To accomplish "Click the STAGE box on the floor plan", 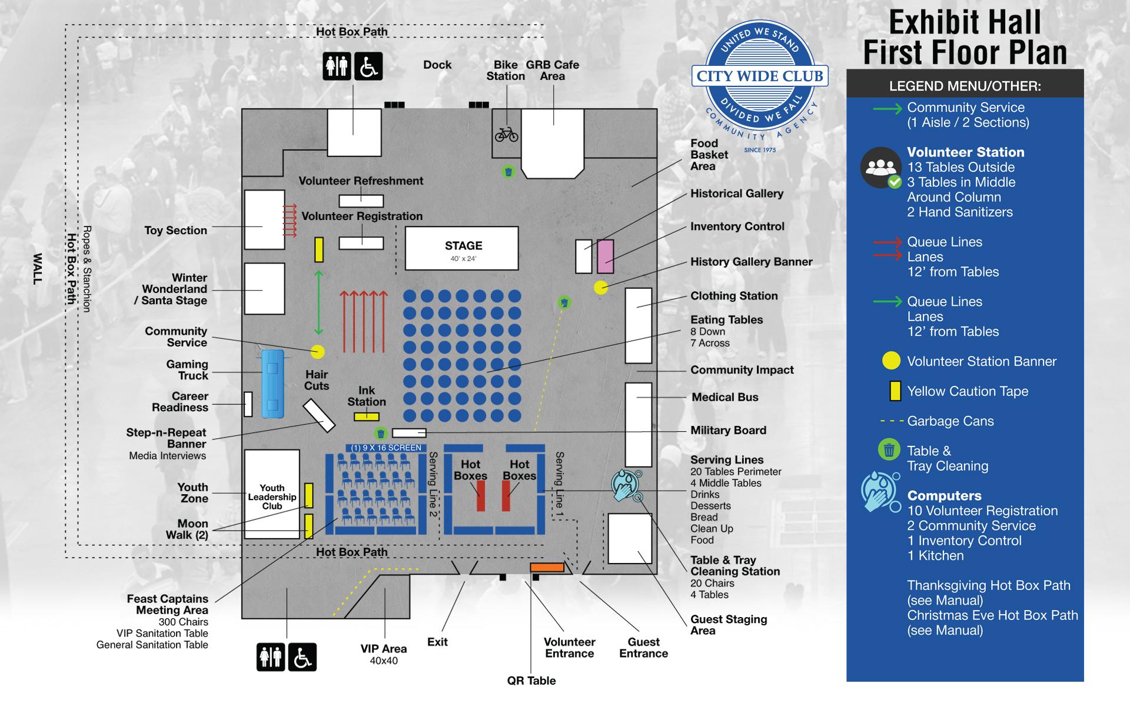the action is [x=462, y=249].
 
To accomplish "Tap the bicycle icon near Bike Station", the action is [x=506, y=135].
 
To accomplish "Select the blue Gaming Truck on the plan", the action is [x=272, y=383].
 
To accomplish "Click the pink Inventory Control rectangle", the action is [x=606, y=256].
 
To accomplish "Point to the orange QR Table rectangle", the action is [x=547, y=567].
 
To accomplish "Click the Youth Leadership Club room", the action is [x=272, y=494].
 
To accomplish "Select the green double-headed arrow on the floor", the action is [x=318, y=303].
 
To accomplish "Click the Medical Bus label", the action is [x=725, y=397].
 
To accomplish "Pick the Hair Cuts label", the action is [x=317, y=380].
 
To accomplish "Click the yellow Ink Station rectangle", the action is [x=366, y=416].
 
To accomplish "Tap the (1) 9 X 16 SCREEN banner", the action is [x=386, y=448].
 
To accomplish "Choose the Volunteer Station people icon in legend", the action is [x=880, y=168].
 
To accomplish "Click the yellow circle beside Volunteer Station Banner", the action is [x=891, y=361].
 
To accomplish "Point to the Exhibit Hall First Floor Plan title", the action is [x=965, y=38].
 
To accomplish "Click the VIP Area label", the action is [x=384, y=649].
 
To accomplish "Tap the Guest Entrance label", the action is [x=643, y=648].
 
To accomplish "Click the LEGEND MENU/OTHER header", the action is [x=965, y=86].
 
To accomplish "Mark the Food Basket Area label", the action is [x=709, y=155].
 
